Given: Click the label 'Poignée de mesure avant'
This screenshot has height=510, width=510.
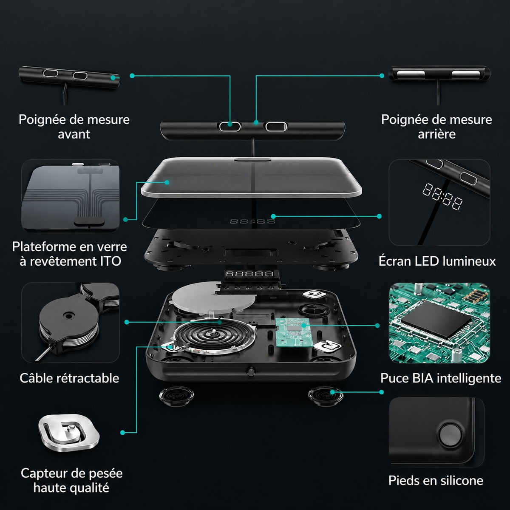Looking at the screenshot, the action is click(x=74, y=127).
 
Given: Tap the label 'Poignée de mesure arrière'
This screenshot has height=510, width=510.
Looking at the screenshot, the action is click(x=436, y=127).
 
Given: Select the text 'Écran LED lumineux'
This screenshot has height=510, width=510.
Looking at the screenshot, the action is click(x=437, y=261).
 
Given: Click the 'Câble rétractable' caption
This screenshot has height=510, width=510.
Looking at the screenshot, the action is click(x=69, y=378).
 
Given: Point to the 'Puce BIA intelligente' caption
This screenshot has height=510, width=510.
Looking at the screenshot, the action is click(x=441, y=378).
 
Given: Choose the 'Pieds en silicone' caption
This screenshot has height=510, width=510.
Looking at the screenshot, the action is click(x=436, y=480).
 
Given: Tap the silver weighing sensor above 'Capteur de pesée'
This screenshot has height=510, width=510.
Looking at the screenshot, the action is click(x=69, y=433).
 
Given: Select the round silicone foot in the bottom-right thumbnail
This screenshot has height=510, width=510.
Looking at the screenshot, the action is click(x=450, y=435).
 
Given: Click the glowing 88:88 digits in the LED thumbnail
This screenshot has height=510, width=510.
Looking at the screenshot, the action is click(x=442, y=196).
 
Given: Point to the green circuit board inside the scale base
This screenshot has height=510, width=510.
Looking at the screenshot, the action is click(x=292, y=332).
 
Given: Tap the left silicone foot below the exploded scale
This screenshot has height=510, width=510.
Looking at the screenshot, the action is click(x=176, y=395).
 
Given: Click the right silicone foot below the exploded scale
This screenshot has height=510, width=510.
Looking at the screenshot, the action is click(x=326, y=396).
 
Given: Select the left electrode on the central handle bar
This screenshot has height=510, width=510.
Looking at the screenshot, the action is click(x=229, y=126).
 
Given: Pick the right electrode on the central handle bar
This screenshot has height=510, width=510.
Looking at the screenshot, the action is click(x=275, y=127).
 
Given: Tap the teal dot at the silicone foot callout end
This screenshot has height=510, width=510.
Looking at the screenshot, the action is click(x=381, y=392).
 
